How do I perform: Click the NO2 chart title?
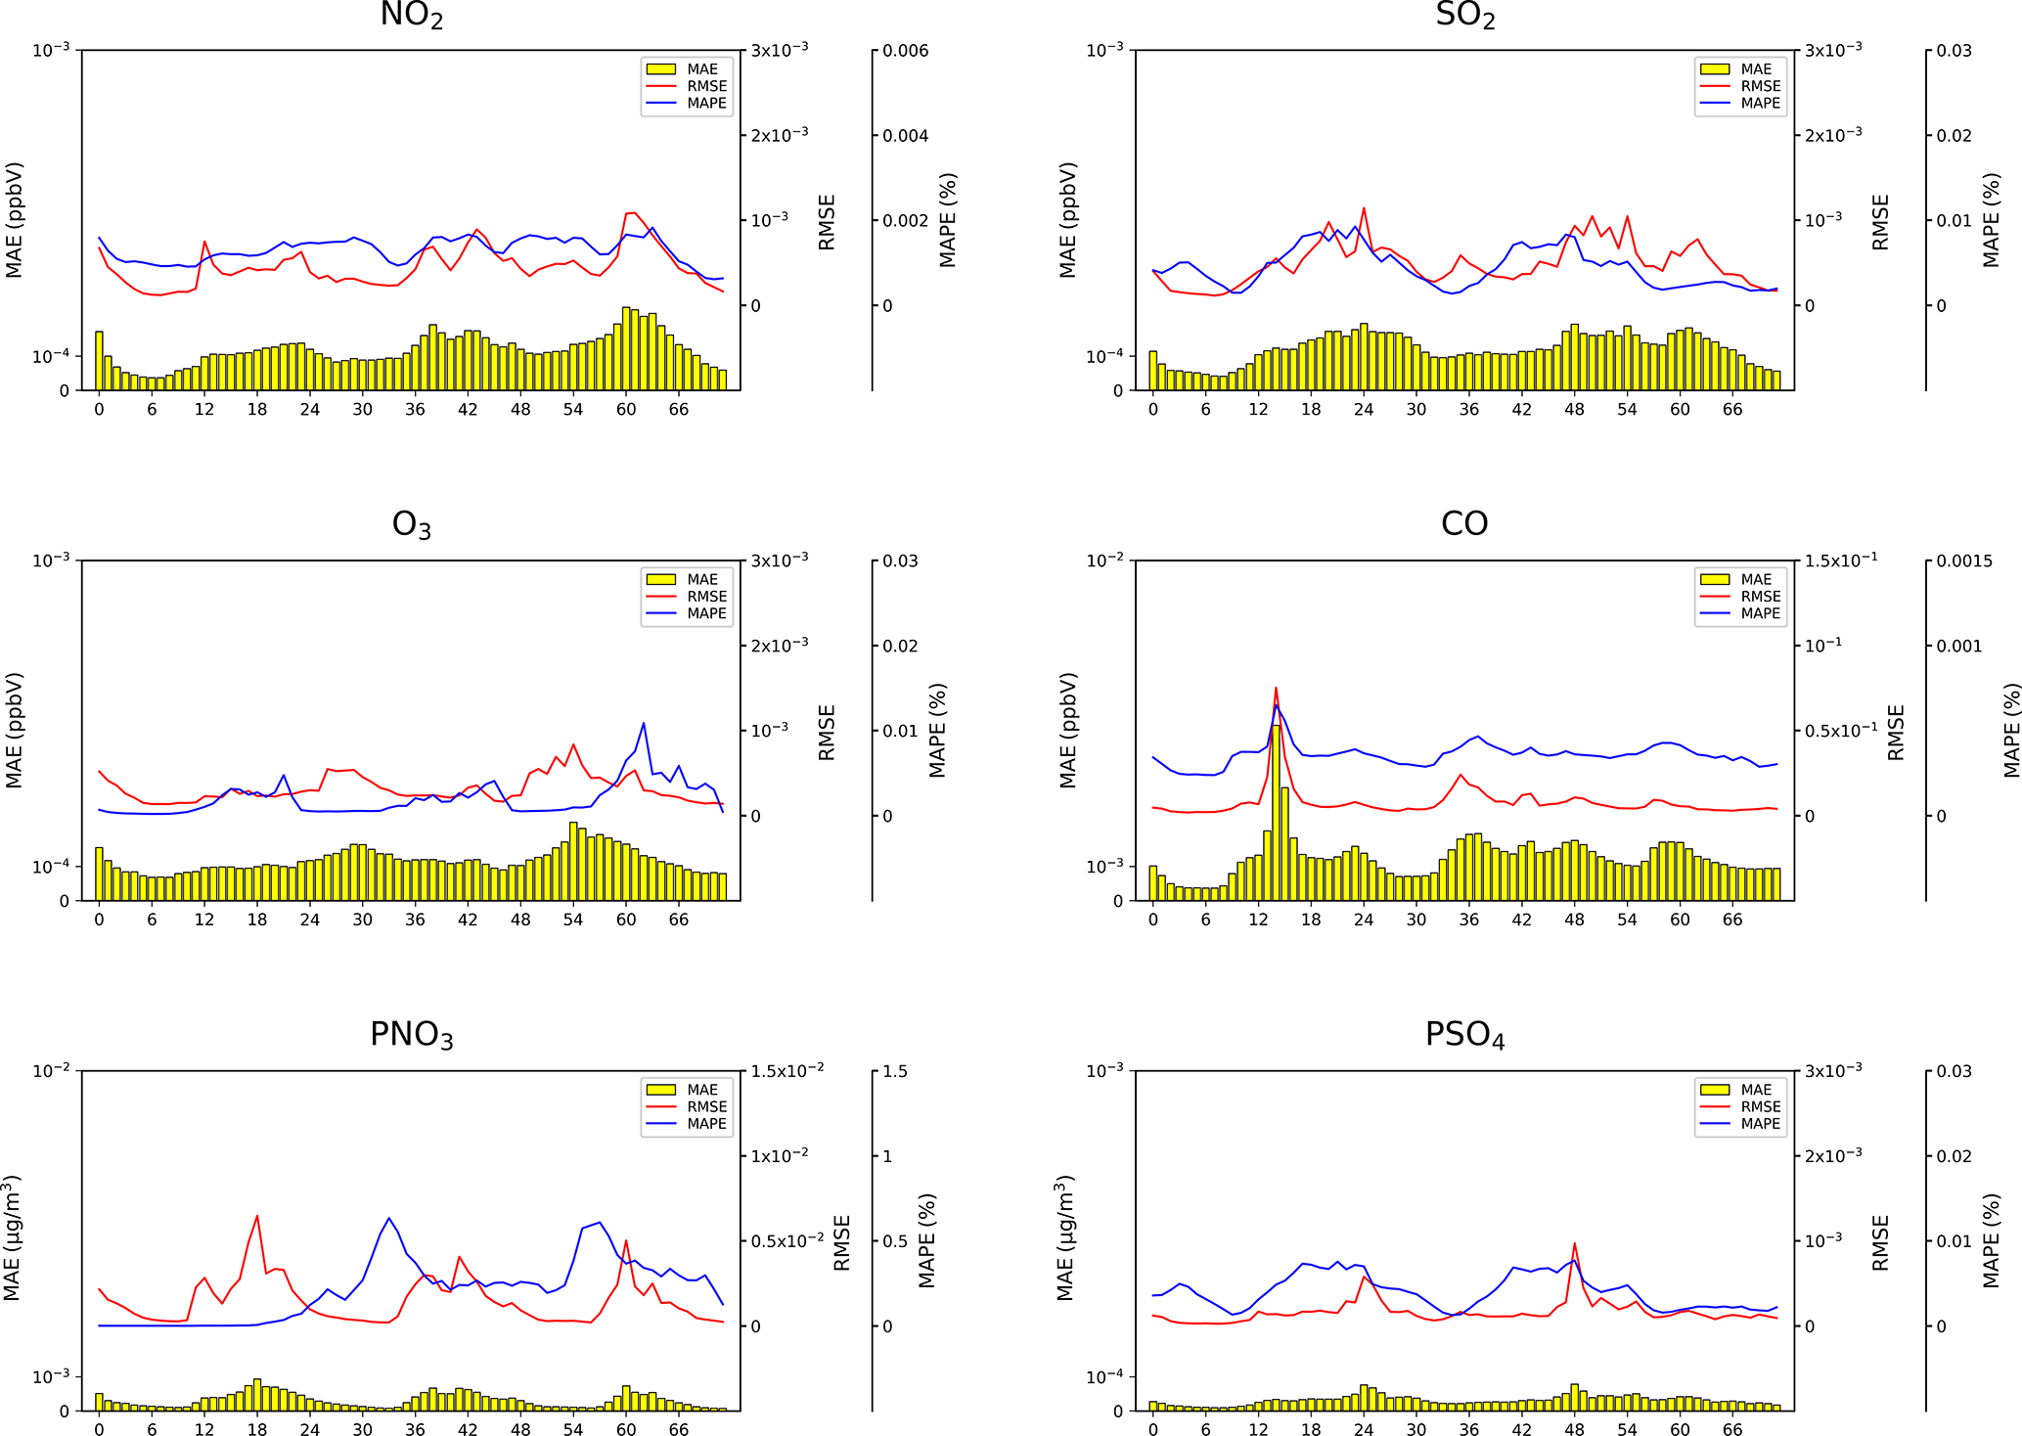click(411, 16)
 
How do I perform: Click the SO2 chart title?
click(1464, 16)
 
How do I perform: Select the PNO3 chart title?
click(411, 1035)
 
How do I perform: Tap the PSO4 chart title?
click(1464, 1035)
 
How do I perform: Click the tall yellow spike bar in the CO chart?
click(1276, 812)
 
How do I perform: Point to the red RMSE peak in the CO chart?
click(1276, 688)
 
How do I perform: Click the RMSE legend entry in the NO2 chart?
click(705, 86)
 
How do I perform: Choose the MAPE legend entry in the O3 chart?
click(705, 613)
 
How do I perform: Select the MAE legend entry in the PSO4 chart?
click(1755, 1090)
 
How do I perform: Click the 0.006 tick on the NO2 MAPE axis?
click(905, 51)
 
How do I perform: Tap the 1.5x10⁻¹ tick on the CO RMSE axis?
click(1840, 561)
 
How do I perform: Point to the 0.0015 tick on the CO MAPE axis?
click(1964, 561)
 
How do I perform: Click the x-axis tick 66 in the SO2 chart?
click(1732, 410)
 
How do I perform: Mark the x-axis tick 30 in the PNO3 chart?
click(362, 1429)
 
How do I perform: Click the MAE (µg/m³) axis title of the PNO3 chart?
click(13, 1238)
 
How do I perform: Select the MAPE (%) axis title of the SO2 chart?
click(1991, 220)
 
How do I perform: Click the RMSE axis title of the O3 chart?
click(827, 732)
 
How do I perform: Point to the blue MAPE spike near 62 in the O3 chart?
click(644, 724)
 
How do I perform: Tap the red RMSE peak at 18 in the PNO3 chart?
click(257, 1217)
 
